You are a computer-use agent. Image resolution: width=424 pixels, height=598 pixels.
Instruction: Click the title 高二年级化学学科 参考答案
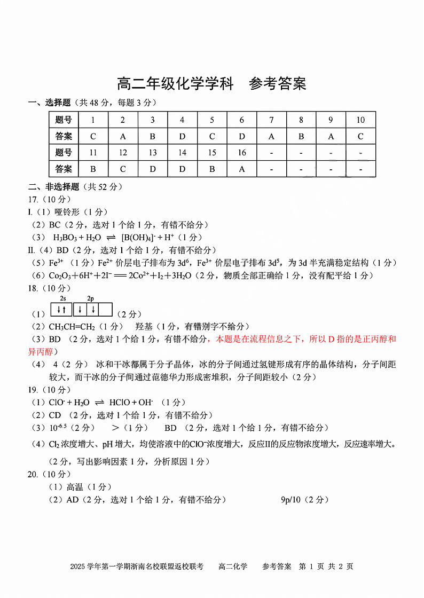pos(211,84)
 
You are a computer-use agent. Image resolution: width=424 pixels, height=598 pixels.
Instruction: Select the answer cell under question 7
pos(271,136)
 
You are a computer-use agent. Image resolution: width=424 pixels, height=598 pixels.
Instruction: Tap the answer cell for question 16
pos(241,169)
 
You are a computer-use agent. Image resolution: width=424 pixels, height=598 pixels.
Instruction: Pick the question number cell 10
pos(360,120)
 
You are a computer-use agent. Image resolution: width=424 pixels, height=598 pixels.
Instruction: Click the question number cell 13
pos(153,153)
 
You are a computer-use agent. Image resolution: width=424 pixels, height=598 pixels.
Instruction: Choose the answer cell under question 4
pos(182,136)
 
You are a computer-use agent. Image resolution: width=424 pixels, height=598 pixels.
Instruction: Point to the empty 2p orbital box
pos(106,310)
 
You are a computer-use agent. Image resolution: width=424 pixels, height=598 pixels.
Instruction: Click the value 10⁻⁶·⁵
pos(58,427)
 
